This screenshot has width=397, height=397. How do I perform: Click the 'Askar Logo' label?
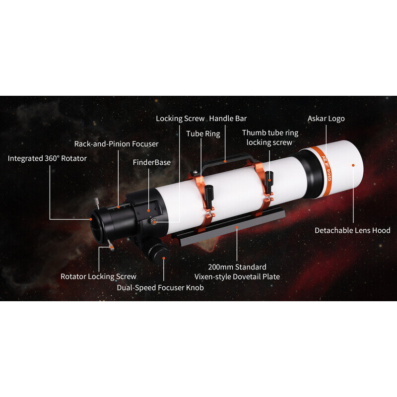(x=326, y=119)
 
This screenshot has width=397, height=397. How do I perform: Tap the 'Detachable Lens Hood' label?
(x=352, y=230)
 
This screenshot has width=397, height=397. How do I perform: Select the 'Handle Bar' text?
(x=228, y=119)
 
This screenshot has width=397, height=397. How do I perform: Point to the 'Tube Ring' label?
(x=203, y=133)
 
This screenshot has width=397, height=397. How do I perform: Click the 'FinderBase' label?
(x=152, y=162)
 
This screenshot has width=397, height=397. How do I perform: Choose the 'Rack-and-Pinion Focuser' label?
(x=116, y=144)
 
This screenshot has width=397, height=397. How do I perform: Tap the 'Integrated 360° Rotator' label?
(x=47, y=158)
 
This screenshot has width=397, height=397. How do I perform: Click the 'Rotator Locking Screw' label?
(x=98, y=276)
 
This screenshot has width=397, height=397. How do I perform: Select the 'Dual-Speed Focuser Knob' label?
(x=160, y=288)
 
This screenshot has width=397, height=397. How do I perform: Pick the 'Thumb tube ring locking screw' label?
(x=270, y=137)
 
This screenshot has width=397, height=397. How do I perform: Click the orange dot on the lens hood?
(x=353, y=165)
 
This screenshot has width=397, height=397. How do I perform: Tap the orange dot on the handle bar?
(x=225, y=161)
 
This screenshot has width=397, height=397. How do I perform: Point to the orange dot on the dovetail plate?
(x=237, y=227)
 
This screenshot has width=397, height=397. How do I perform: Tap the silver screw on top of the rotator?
(x=96, y=203)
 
